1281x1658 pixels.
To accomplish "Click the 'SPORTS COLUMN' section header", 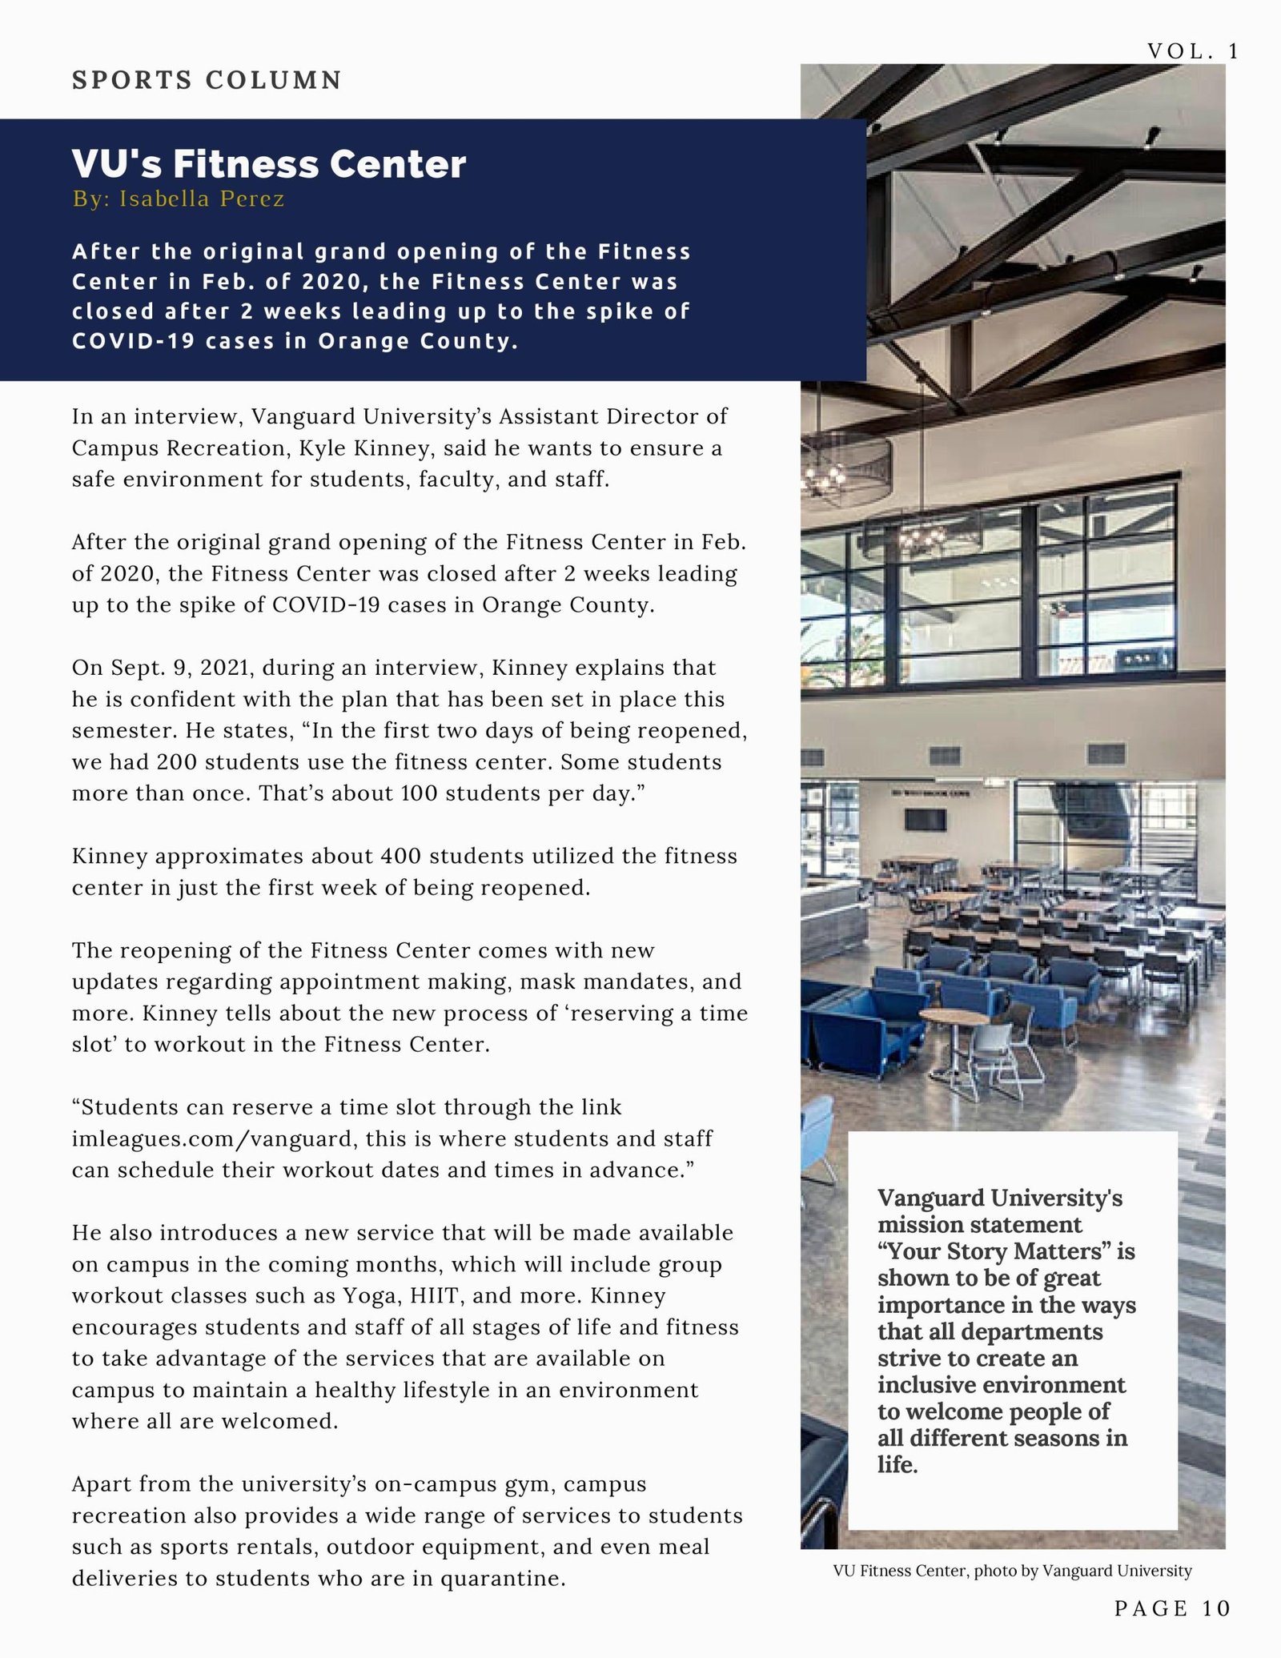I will tap(207, 80).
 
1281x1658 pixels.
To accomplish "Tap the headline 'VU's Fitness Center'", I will tap(269, 164).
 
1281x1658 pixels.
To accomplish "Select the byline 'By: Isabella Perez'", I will tap(179, 199).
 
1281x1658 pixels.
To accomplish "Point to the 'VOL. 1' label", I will tap(1193, 51).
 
